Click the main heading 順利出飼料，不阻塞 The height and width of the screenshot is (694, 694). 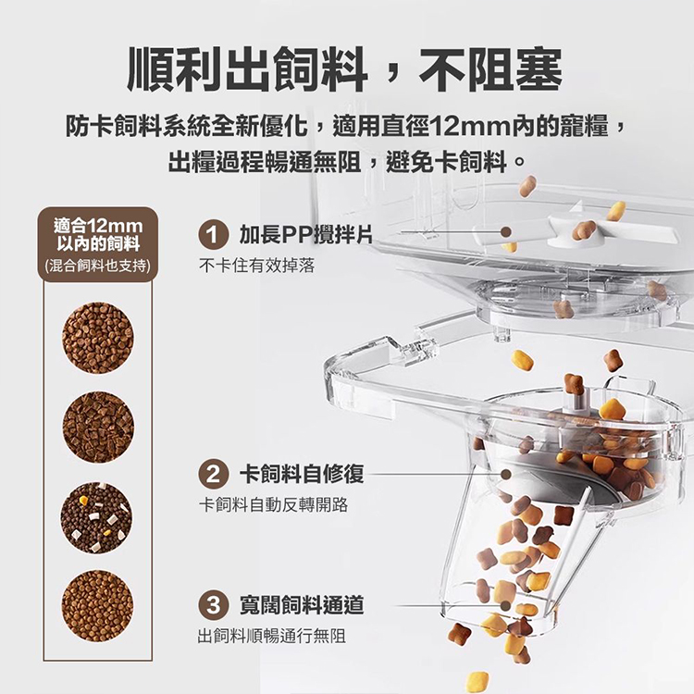345,69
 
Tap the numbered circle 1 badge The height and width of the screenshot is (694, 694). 213,235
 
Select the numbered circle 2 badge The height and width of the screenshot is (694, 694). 213,475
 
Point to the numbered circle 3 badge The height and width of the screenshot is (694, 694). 213,605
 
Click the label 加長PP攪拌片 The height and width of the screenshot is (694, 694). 306,234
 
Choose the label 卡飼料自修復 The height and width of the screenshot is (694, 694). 302,474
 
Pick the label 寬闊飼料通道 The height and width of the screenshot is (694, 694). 302,605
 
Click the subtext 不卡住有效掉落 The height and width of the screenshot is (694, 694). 256,266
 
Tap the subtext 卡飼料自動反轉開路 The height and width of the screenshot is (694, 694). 274,504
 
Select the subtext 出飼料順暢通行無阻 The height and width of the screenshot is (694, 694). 271,636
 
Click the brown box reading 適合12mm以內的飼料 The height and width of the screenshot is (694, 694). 98,245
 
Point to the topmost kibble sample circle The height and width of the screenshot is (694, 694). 97,338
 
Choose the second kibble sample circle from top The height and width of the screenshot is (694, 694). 98,428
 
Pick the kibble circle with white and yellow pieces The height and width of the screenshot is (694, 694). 97,517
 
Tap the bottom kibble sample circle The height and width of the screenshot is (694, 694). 97,606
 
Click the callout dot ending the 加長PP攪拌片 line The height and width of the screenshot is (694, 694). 506,232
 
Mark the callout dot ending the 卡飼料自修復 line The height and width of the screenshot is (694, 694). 506,475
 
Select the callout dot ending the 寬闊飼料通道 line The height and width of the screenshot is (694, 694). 505,605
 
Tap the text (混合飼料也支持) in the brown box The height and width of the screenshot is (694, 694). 98,266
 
